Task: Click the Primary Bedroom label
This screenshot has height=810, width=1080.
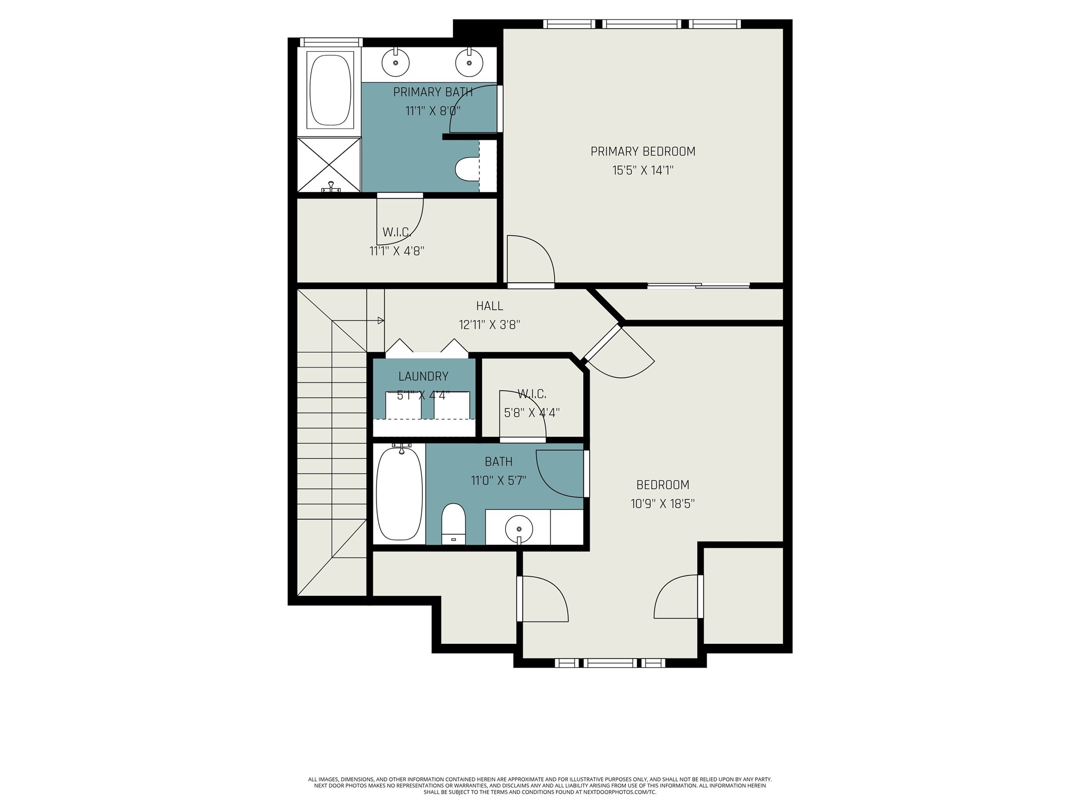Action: (643, 152)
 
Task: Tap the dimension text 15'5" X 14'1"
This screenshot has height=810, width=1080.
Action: (643, 170)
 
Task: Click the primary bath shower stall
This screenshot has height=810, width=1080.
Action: (329, 165)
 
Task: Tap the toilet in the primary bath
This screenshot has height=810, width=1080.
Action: (467, 169)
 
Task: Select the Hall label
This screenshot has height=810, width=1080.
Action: (489, 306)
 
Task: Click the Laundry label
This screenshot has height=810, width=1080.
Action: (423, 377)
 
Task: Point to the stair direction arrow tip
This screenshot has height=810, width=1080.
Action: (383, 320)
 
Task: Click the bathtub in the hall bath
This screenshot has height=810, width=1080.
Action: (400, 494)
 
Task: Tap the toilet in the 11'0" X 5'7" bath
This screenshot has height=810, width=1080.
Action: (454, 524)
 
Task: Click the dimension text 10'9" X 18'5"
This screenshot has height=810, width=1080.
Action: (663, 504)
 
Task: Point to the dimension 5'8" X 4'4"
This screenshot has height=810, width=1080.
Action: (532, 412)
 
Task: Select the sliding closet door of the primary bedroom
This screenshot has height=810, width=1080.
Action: (699, 286)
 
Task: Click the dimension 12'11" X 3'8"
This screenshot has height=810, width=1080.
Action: (490, 325)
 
